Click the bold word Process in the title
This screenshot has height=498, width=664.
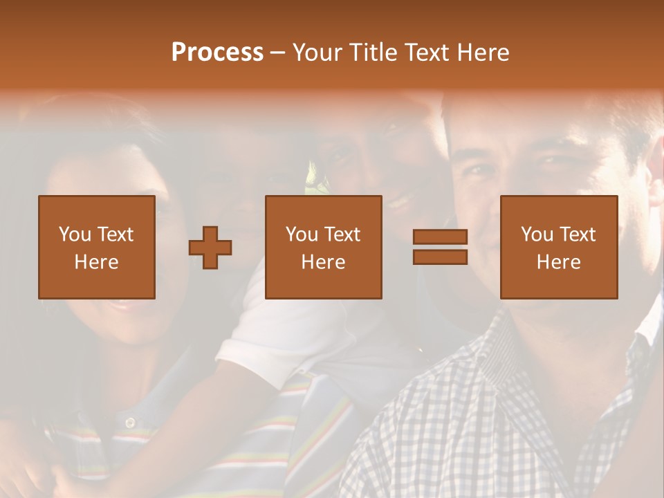pos(217,53)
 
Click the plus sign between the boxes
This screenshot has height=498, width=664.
pos(210,248)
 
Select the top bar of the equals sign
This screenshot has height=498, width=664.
pos(440,237)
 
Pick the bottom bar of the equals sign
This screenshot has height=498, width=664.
pos(440,257)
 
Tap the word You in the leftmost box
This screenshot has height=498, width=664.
pos(74,234)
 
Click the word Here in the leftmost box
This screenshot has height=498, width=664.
pos(96,262)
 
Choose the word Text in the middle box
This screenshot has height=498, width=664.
pos(342,234)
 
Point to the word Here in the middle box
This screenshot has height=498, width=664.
pos(323,262)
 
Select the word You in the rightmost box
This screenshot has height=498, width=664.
pos(537,234)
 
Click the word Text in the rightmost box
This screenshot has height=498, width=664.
pos(577,234)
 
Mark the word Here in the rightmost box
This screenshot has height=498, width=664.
pos(558,262)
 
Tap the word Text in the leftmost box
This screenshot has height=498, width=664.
pos(114,234)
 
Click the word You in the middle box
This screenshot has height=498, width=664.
pos(302,234)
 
